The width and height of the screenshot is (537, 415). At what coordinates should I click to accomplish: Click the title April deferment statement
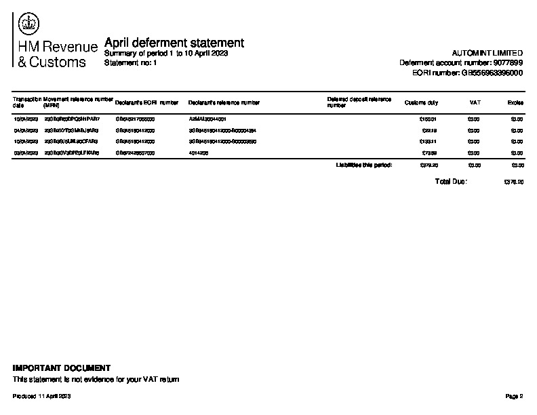[174, 43]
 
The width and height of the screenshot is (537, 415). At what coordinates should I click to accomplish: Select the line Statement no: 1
[131, 62]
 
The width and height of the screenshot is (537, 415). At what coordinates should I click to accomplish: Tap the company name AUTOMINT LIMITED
[487, 53]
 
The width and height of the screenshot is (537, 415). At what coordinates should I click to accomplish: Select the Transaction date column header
[27, 102]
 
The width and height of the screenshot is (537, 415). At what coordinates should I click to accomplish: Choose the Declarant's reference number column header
[224, 102]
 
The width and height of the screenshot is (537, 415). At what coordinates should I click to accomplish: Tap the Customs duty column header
[421, 102]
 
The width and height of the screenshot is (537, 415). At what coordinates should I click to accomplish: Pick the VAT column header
[475, 102]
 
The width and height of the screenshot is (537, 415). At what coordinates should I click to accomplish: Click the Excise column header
[515, 102]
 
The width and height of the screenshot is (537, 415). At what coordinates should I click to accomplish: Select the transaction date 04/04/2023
[26, 130]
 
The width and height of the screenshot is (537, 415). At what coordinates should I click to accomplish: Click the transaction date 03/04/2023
[26, 153]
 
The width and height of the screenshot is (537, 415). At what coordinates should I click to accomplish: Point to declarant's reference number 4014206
[199, 153]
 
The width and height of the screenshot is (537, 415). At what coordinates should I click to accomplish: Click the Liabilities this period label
[363, 165]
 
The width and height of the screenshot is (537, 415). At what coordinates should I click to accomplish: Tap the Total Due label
[451, 182]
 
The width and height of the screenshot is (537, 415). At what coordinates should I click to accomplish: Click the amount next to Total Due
[515, 182]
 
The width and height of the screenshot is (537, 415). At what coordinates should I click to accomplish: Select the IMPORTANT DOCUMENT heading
[62, 368]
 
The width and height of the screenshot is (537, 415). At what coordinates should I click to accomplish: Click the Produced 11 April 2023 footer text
[42, 395]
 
